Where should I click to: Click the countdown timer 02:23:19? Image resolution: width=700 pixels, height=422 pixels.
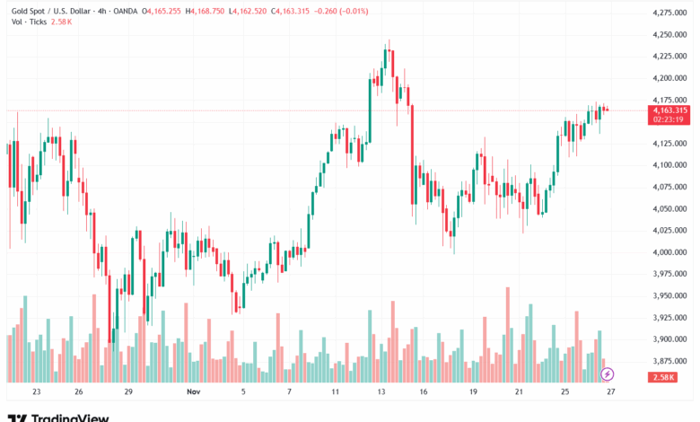click(x=669, y=119)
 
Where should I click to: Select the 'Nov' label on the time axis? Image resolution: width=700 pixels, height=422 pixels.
click(x=193, y=392)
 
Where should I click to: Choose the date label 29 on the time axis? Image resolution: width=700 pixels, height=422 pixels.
click(x=128, y=392)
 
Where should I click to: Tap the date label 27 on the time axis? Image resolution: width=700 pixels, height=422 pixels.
click(x=609, y=392)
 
